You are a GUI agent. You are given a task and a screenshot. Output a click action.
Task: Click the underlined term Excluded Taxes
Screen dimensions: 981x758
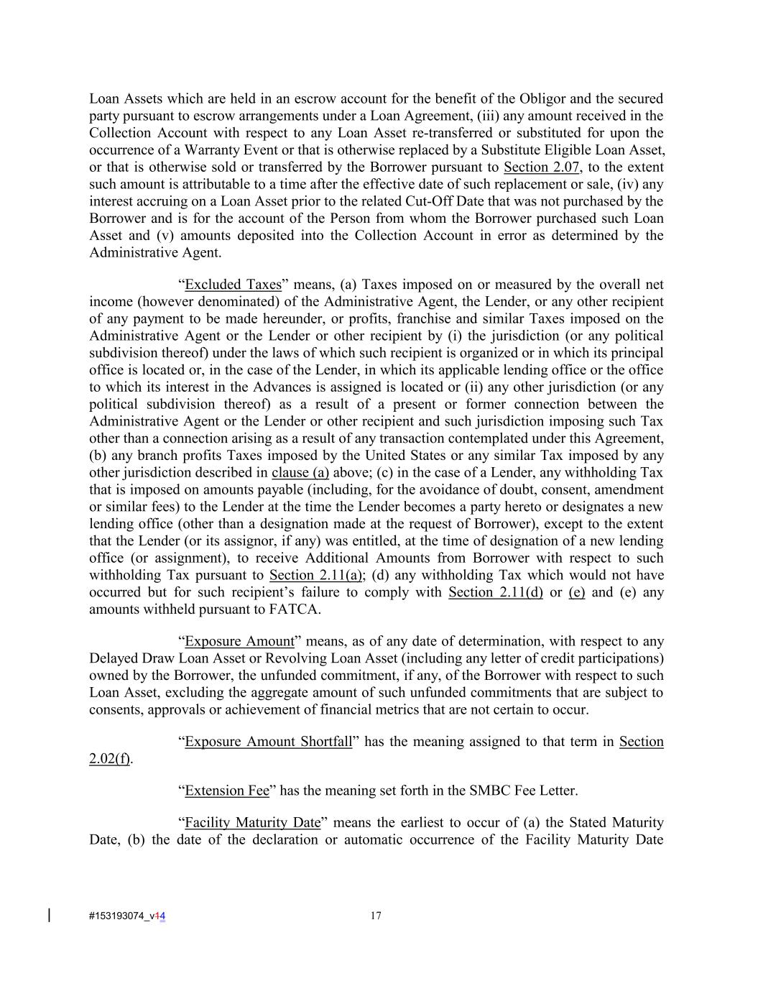233,285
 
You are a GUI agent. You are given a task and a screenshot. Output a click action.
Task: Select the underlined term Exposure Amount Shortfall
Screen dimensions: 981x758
268,742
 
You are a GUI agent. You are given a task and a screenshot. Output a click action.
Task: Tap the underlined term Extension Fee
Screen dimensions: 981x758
227,791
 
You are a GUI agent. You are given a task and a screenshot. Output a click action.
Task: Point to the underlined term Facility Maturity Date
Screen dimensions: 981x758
252,822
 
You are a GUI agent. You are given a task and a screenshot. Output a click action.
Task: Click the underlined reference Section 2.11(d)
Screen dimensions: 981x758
496,593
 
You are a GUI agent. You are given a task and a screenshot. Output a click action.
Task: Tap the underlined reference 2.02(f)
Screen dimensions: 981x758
109,759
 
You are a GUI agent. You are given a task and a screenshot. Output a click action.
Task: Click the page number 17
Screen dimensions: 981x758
376,916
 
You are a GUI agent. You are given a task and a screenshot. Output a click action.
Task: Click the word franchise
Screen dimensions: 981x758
417,319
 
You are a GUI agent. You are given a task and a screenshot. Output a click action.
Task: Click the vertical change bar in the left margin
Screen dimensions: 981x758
49,915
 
